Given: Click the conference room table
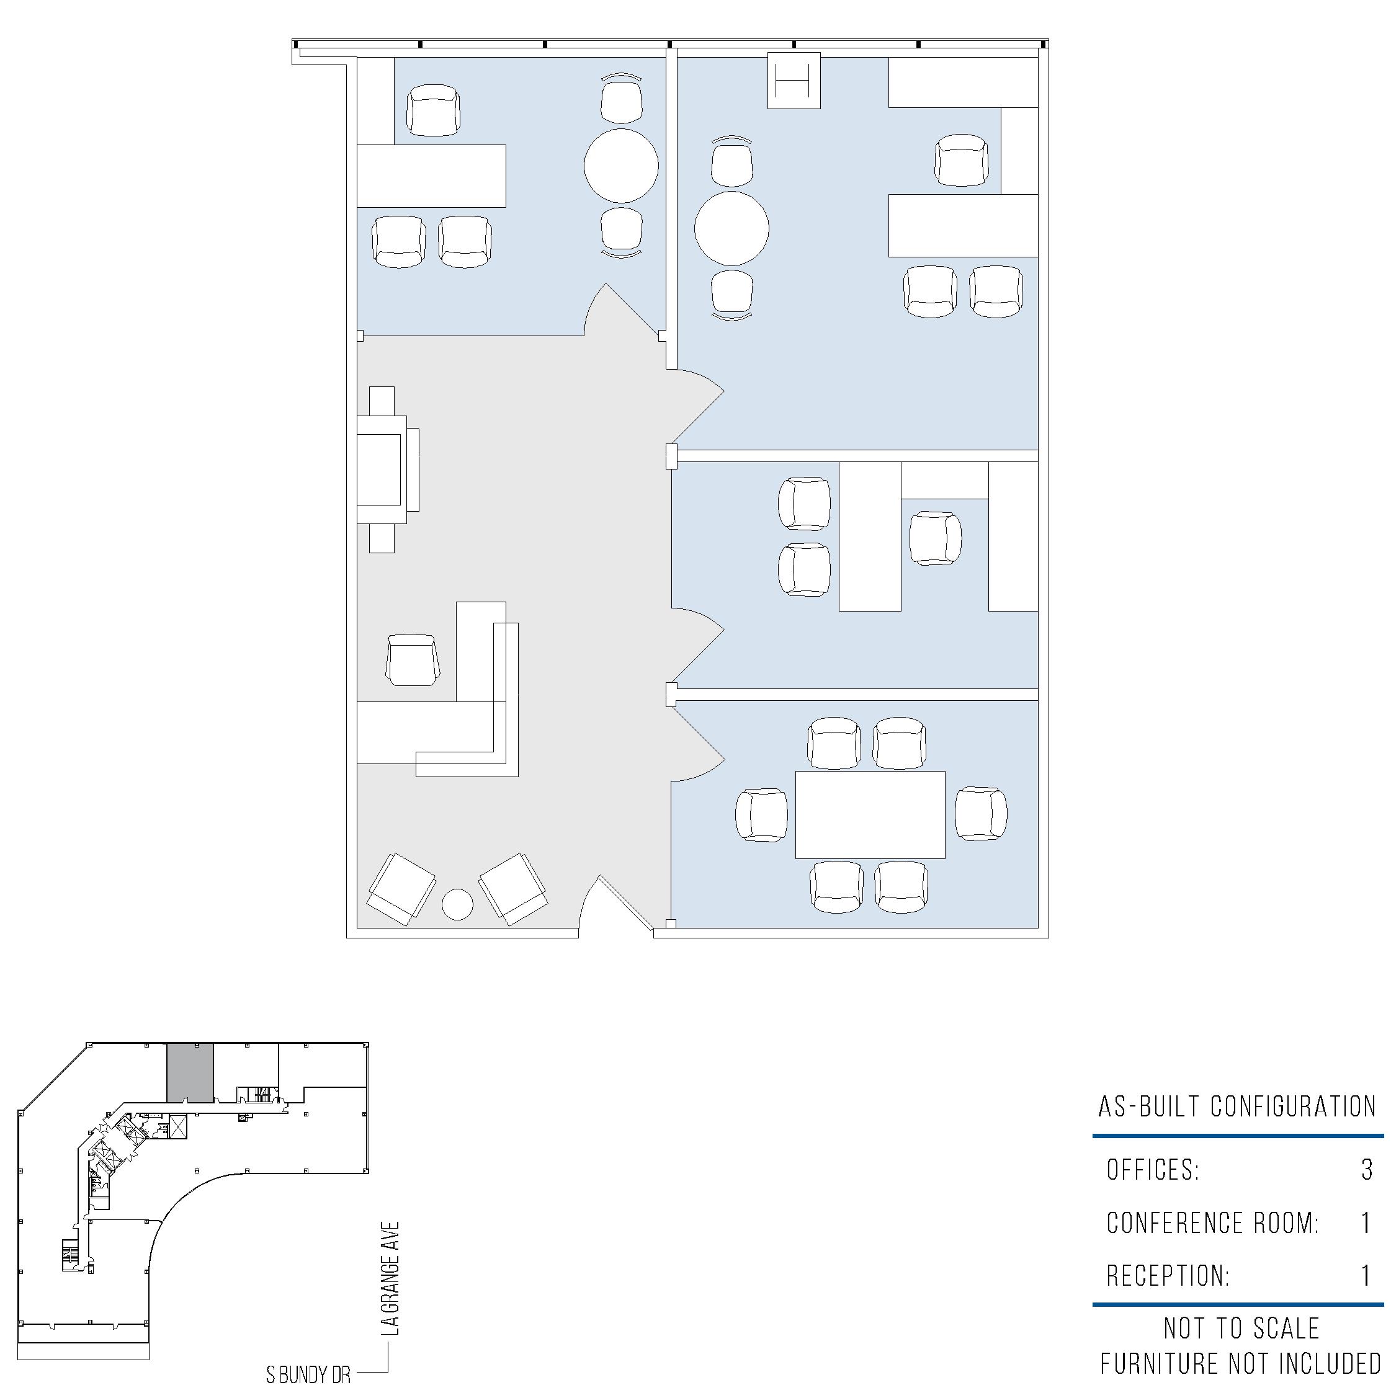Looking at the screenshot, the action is (x=870, y=815).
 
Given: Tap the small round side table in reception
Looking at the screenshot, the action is (x=457, y=904).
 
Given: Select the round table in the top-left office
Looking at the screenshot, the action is (x=621, y=166).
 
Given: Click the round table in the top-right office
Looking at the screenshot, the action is (x=731, y=228).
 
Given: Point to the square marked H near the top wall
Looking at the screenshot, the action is (x=794, y=81).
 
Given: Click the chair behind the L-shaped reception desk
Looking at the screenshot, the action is (x=413, y=660).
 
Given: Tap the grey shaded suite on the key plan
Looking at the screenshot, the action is (x=190, y=1072).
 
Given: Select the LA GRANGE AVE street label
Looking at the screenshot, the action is (x=391, y=1279).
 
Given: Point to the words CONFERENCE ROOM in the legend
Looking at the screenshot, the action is (x=1212, y=1223).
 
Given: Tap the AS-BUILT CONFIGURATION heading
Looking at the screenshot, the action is (x=1237, y=1106).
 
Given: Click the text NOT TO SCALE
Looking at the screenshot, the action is (x=1242, y=1329).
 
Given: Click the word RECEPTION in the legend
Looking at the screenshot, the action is (x=1168, y=1276).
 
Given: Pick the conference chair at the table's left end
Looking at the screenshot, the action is (x=762, y=815).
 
